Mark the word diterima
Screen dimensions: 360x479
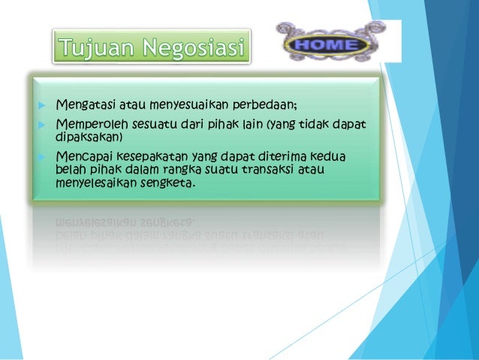pyautogui.click(x=292, y=156)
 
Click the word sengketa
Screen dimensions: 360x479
pyautogui.click(x=170, y=180)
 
